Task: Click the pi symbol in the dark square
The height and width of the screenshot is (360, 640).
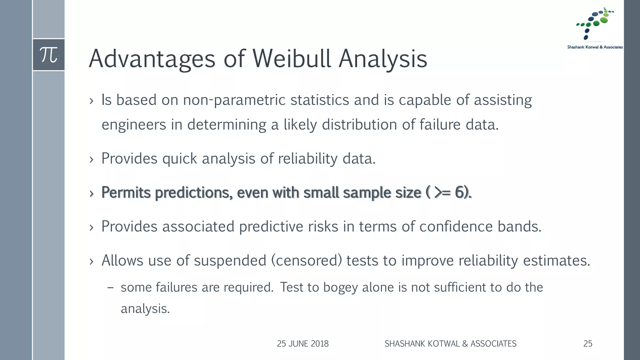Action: point(49,55)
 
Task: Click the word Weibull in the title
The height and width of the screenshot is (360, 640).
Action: point(291,59)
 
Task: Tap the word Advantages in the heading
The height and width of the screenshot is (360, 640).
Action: point(152,59)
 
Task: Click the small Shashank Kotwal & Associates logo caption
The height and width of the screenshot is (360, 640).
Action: point(595,47)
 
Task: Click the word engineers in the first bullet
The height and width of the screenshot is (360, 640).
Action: point(134,125)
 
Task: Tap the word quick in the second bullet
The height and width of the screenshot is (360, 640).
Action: point(179,159)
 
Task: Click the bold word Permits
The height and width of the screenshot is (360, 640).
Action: point(126,192)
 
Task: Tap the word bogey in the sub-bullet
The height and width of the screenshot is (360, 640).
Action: point(340,287)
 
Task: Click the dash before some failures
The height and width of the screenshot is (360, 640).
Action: point(110,287)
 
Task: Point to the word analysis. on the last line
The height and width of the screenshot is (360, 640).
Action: point(145,309)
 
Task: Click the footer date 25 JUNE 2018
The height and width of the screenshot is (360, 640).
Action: point(302,344)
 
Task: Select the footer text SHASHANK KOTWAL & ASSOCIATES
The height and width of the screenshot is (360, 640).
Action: point(450,344)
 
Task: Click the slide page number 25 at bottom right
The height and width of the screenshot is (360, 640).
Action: point(587,344)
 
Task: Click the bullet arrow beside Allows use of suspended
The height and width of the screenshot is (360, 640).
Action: point(91,262)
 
